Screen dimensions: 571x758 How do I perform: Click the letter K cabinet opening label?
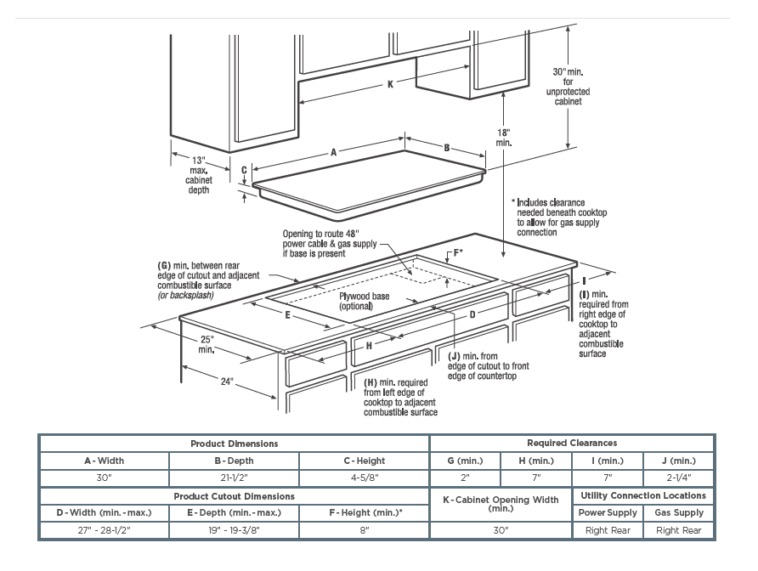pos(390,83)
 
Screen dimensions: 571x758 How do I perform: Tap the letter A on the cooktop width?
pos(334,152)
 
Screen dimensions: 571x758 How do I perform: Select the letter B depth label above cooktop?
pos(446,148)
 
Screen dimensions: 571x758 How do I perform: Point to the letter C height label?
pos(244,170)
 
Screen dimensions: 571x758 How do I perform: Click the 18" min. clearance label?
pos(503,138)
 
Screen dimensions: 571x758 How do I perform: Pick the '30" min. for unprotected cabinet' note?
pos(568,86)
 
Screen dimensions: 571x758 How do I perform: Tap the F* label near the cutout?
pos(457,252)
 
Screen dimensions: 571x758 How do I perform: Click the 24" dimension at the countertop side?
pos(227,382)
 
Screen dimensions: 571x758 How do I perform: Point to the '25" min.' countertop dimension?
pos(206,344)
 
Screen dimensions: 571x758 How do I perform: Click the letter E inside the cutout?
pos(289,314)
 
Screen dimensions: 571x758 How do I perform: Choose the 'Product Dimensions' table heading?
pos(234,444)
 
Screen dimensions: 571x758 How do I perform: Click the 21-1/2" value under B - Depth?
pos(234,478)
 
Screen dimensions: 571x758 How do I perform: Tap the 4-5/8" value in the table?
pos(364,478)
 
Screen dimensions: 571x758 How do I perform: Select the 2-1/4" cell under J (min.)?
pos(679,478)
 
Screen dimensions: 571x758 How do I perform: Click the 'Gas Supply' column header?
pos(679,512)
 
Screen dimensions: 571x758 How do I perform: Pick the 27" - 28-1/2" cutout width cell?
pos(104,530)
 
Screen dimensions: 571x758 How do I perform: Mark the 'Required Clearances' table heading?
pos(572,443)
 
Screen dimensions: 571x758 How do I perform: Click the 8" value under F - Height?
pos(364,530)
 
